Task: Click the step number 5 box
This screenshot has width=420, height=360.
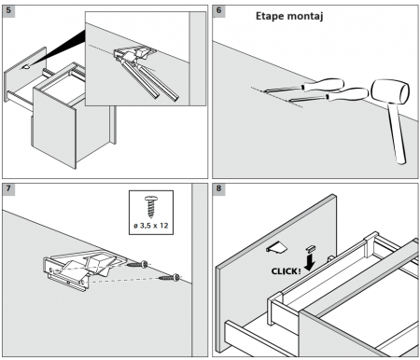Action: [8, 10]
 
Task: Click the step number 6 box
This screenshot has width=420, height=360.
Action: [218, 10]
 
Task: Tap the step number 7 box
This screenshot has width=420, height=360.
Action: [8, 188]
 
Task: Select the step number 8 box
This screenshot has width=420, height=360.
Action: [218, 188]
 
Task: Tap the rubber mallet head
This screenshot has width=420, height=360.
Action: [390, 91]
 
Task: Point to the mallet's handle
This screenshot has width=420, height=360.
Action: [397, 133]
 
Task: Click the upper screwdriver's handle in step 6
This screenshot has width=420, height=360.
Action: [323, 85]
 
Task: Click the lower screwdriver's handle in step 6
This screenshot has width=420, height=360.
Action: [347, 94]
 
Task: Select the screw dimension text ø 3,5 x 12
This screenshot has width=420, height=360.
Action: [151, 226]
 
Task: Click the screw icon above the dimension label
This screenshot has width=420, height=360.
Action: [151, 206]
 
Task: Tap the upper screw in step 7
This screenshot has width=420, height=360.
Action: [137, 265]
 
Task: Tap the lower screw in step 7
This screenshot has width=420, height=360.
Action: [169, 277]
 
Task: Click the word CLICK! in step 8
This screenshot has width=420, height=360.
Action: [287, 271]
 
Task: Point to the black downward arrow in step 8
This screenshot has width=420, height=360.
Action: [310, 263]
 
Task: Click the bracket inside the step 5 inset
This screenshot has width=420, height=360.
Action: [133, 53]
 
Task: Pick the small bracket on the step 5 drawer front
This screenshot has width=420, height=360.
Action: [26, 66]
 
